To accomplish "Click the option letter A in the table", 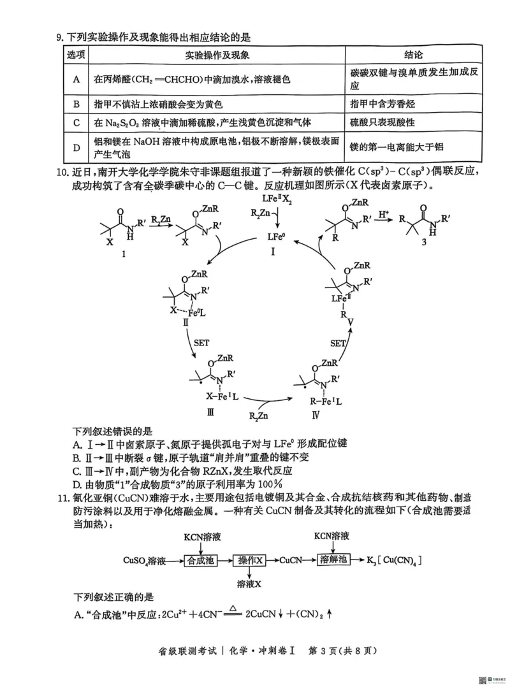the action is (76, 80).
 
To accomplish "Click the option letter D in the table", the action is (76, 147).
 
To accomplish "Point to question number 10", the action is (62, 172).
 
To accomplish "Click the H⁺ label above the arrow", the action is (383, 215).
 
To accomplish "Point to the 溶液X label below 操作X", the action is (250, 583).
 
